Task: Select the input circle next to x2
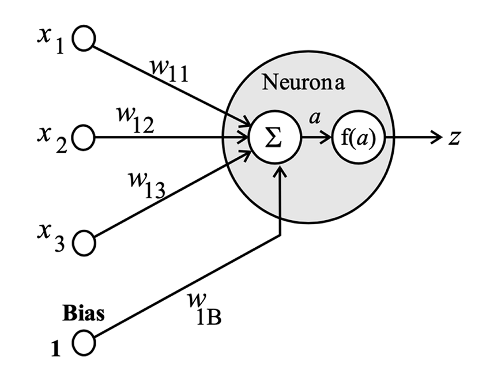(x=84, y=138)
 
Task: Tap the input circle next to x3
(x=84, y=241)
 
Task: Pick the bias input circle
(x=84, y=344)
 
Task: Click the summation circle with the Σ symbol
(x=274, y=138)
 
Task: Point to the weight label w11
(x=168, y=71)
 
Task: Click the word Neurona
(x=303, y=82)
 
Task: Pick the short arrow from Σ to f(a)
(x=314, y=138)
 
